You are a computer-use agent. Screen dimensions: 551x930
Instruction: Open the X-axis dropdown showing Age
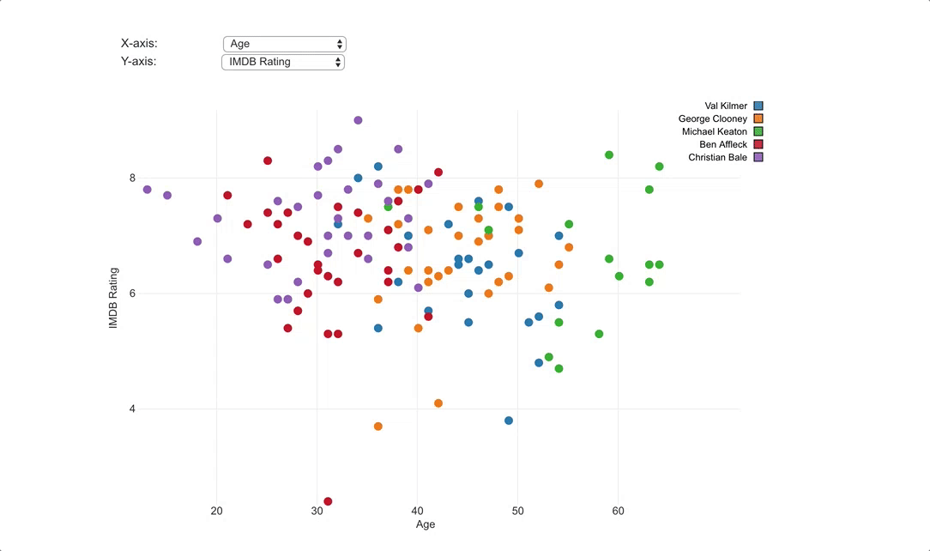point(284,44)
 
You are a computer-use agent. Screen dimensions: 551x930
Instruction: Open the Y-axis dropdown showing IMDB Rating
point(283,62)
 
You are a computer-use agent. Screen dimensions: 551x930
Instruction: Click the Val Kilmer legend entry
point(725,106)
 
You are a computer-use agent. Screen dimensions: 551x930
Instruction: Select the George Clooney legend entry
point(713,119)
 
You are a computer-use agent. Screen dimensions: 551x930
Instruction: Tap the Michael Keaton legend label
point(715,132)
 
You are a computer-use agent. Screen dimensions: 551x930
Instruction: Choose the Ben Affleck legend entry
point(723,144)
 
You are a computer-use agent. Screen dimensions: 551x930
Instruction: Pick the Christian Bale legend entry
point(718,157)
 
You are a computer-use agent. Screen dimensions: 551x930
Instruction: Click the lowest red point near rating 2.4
point(328,501)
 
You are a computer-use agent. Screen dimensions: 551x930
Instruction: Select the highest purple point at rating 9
point(358,120)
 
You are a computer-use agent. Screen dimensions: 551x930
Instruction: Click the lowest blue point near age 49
point(509,421)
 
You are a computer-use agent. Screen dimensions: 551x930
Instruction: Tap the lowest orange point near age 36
point(377,427)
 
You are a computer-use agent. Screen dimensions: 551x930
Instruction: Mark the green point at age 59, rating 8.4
point(609,155)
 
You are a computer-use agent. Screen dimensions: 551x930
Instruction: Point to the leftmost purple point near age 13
point(148,190)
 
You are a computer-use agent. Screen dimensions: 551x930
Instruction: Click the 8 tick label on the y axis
point(133,179)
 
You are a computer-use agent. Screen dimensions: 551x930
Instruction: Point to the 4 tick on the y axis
point(133,409)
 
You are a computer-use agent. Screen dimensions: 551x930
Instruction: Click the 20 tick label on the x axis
point(217,512)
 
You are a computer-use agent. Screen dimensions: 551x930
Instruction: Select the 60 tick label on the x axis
point(619,512)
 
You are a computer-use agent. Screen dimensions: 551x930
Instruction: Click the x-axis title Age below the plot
point(426,524)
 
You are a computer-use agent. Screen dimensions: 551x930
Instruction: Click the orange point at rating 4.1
point(438,403)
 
